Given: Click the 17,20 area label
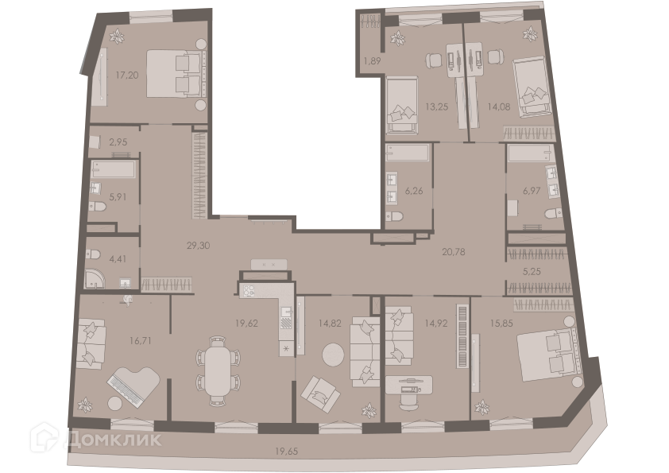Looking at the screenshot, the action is coord(126,76).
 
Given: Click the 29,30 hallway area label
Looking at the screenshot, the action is coord(198,246).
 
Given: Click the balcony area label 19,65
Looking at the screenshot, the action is coord(286,451).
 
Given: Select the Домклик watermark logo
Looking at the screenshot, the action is coord(95,437).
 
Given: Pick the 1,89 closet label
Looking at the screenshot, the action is coord(372,60).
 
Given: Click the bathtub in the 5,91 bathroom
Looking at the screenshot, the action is coord(114,169).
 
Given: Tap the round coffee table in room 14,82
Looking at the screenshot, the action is coord(333,355).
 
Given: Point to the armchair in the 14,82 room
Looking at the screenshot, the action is coord(320,394).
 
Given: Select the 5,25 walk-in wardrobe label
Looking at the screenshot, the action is coord(532,272).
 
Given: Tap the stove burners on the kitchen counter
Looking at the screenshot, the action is coord(249,291).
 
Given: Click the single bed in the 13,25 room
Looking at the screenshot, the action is coord(402,105).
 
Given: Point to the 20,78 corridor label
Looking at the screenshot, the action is coord(453,252).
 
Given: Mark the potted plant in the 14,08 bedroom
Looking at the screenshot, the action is coord(530,34).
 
